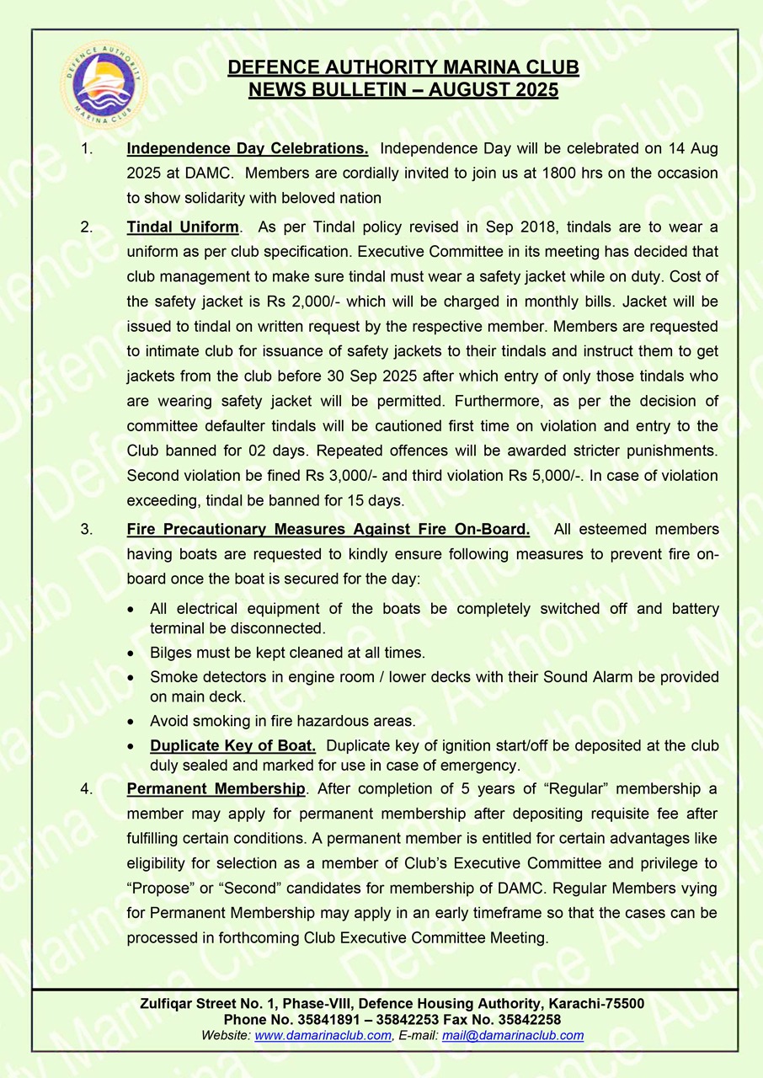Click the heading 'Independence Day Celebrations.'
(247, 149)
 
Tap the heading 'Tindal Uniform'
(183, 227)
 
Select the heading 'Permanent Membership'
(216, 789)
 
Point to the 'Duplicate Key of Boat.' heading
(232, 746)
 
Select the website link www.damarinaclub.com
(323, 1036)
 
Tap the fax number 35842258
(530, 1020)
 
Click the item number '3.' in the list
(86, 530)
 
